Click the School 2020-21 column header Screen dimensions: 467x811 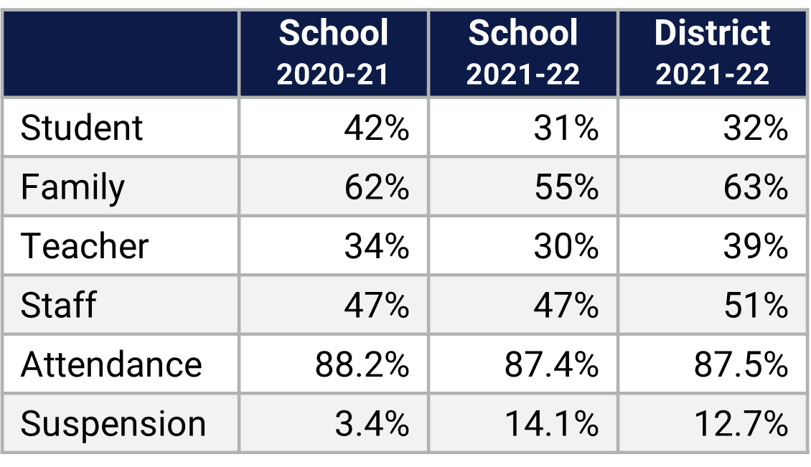(333, 53)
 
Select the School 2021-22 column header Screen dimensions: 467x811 (522, 53)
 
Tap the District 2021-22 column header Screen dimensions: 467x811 (712, 53)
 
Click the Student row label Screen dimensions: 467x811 (82, 128)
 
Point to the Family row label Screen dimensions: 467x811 (72, 188)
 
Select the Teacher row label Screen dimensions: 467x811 (85, 247)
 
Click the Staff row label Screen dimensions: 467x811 (58, 306)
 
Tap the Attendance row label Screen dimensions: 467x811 (111, 364)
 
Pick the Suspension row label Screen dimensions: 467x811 (113, 424)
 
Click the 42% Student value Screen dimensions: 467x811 (376, 128)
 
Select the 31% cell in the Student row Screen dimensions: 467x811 (566, 128)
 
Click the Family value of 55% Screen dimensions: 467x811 (566, 188)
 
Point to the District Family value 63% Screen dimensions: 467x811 (755, 188)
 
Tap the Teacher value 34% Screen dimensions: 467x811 (376, 247)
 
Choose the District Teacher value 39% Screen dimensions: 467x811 (755, 247)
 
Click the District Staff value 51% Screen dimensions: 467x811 (755, 306)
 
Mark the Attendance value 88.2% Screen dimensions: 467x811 (362, 364)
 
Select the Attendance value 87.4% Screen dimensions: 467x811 (551, 364)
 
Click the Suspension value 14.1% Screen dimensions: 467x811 (551, 424)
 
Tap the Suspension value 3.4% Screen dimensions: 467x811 (372, 424)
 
